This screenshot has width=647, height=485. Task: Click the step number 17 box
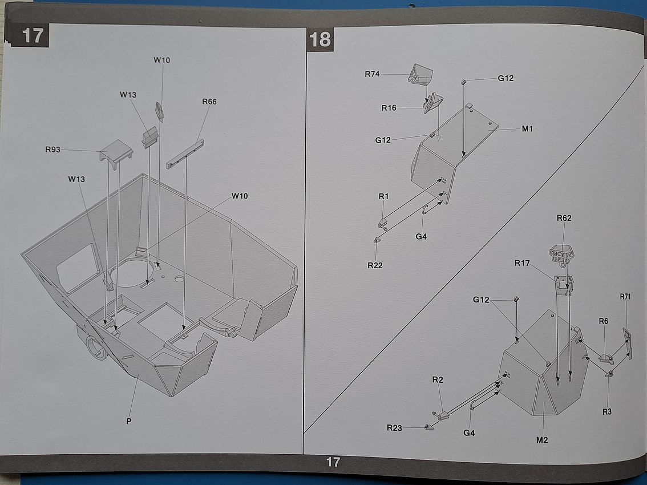(x=33, y=35)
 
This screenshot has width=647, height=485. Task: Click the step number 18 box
(x=320, y=39)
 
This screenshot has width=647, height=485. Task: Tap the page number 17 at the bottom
(x=333, y=462)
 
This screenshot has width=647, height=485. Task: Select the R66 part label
(x=209, y=102)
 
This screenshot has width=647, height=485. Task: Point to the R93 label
(x=53, y=150)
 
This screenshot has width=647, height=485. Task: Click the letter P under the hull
(x=129, y=421)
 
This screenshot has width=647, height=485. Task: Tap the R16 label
(x=389, y=108)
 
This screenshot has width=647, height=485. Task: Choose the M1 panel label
(x=527, y=128)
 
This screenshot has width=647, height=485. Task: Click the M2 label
(x=542, y=439)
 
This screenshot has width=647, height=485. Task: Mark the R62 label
(x=564, y=218)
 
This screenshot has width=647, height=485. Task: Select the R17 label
(x=522, y=263)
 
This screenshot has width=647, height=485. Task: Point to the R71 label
(x=625, y=297)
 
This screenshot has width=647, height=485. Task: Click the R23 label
(x=394, y=428)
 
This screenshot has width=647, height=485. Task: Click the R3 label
(x=606, y=410)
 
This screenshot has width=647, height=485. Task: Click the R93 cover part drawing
(x=116, y=151)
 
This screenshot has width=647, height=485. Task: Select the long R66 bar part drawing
(x=185, y=155)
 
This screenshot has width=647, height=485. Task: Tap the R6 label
(x=604, y=321)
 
